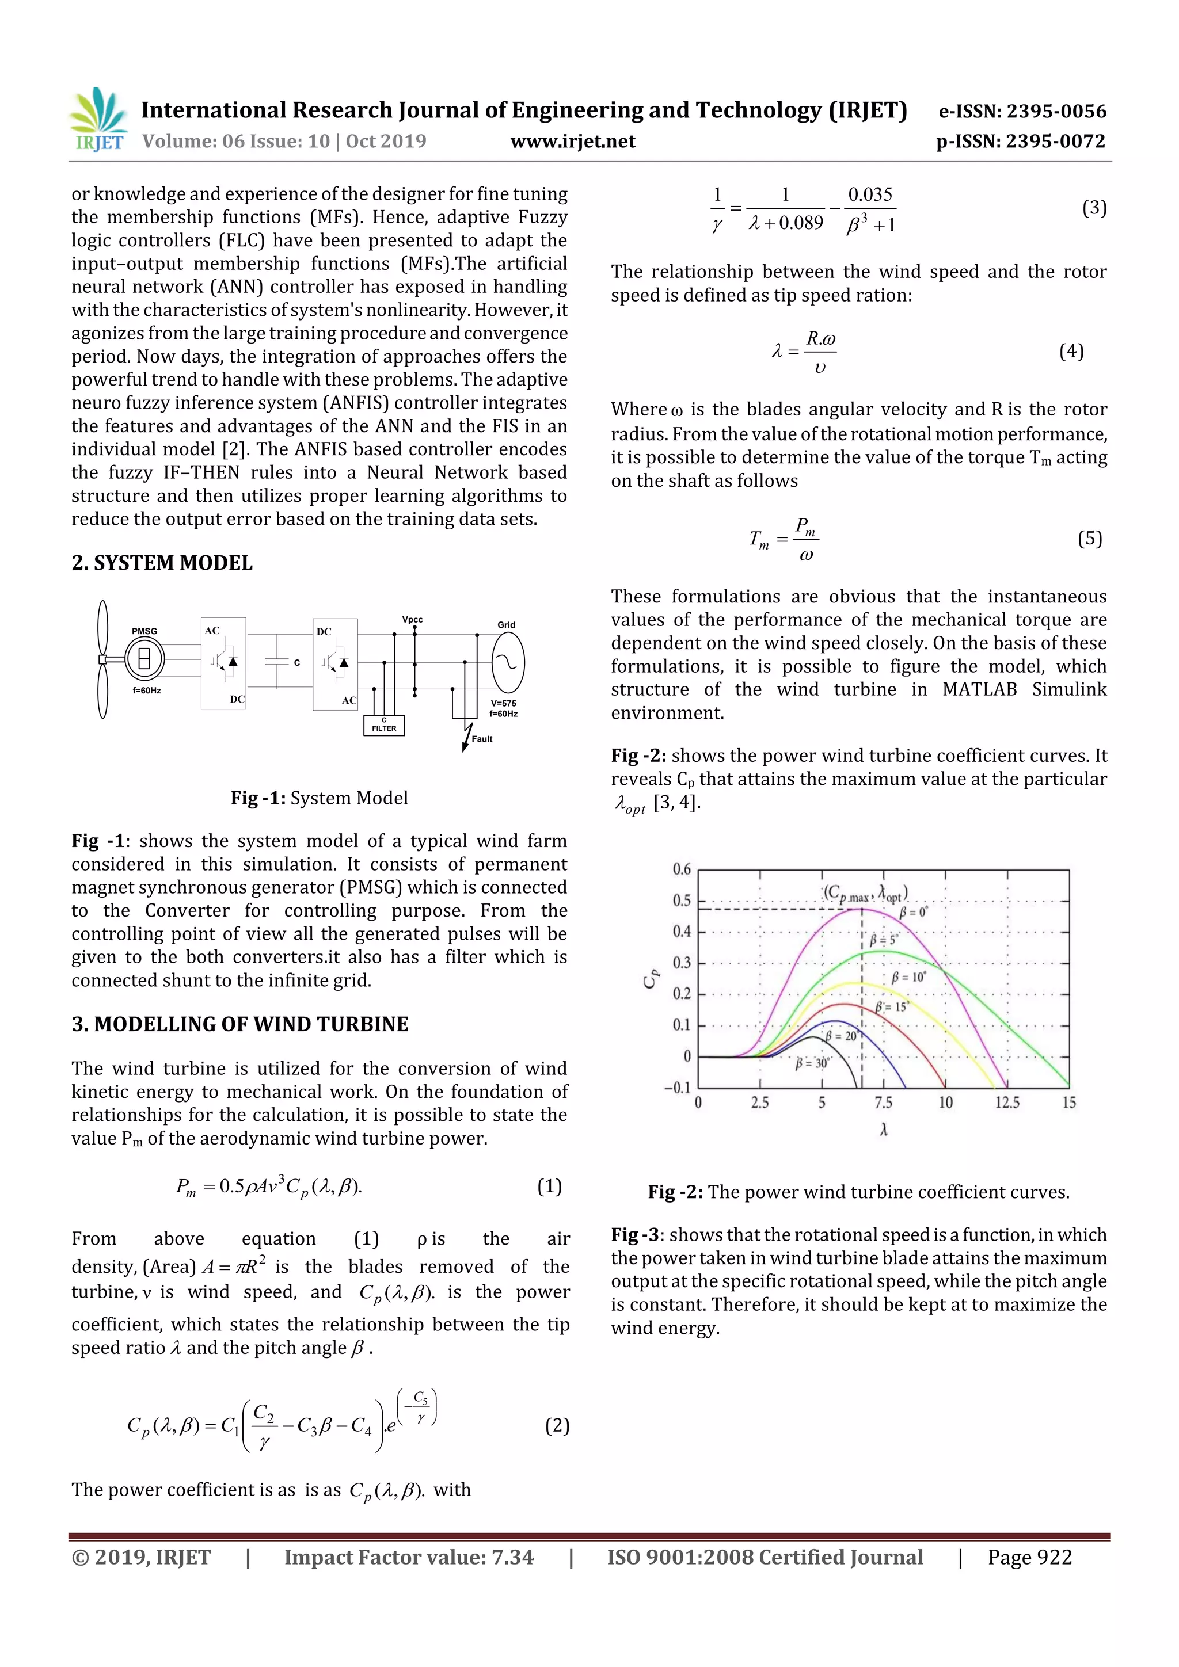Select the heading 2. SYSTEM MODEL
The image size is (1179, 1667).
[162, 563]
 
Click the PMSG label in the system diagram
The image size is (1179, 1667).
[144, 631]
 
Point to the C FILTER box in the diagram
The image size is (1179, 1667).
[383, 724]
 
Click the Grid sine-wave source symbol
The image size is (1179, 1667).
[508, 663]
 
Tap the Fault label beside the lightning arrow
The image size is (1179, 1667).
[482, 739]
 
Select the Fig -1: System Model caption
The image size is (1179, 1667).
[319, 798]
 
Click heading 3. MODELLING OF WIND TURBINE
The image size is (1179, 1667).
[239, 1024]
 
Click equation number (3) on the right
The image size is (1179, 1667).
[1094, 208]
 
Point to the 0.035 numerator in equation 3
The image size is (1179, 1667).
[869, 194]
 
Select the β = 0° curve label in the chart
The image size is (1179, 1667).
[913, 913]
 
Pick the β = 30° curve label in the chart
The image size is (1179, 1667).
[811, 1063]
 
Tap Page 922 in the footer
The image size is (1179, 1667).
[1029, 1557]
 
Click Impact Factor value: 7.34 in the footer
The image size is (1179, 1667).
[408, 1557]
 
